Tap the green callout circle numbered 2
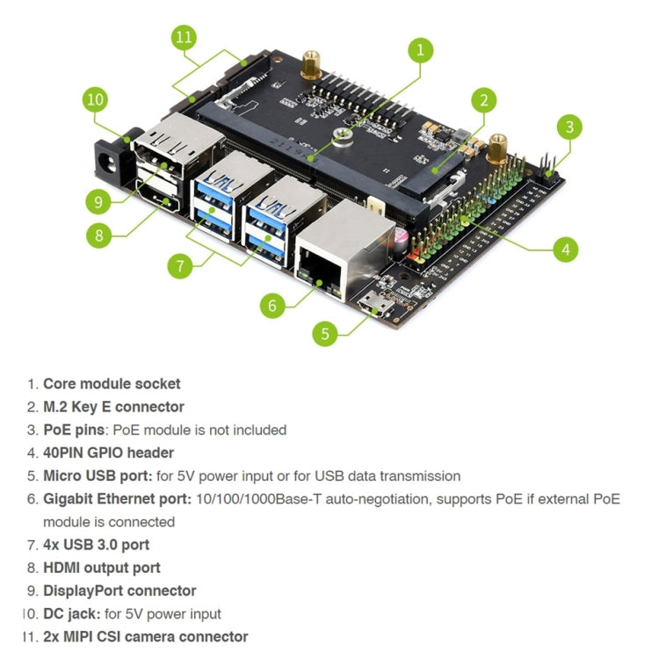482,100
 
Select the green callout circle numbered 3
569,127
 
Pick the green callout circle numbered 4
566,250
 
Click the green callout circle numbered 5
326,334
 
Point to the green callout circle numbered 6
272,305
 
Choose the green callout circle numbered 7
180,265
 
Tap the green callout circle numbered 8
99,235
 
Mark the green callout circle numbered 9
99,201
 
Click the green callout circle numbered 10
96,99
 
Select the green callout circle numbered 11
183,39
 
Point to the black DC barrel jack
112,161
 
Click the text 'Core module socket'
112,384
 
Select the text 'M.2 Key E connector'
113,407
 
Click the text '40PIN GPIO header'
108,453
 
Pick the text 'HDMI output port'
101,568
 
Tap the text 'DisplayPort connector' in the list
119,590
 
